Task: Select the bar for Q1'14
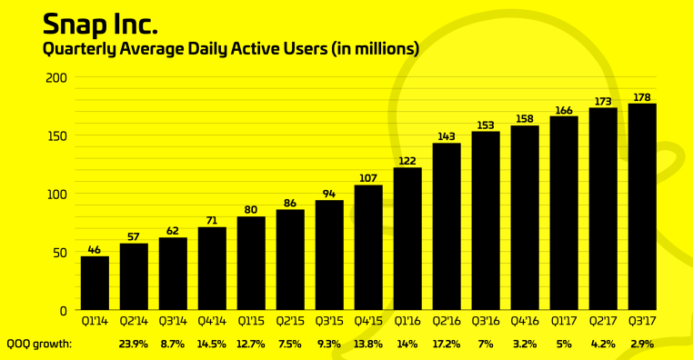[95, 283]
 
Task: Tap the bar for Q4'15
[368, 247]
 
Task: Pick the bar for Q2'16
[447, 226]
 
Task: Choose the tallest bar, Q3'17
[642, 206]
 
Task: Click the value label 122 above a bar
[407, 161]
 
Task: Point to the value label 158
[525, 118]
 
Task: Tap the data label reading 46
[95, 249]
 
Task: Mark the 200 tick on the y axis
[57, 78]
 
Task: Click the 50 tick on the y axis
[60, 252]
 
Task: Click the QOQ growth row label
[39, 345]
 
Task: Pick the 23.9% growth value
[134, 345]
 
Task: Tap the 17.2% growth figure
[447, 345]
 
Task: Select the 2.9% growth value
[642, 345]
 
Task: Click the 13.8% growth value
[368, 345]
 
